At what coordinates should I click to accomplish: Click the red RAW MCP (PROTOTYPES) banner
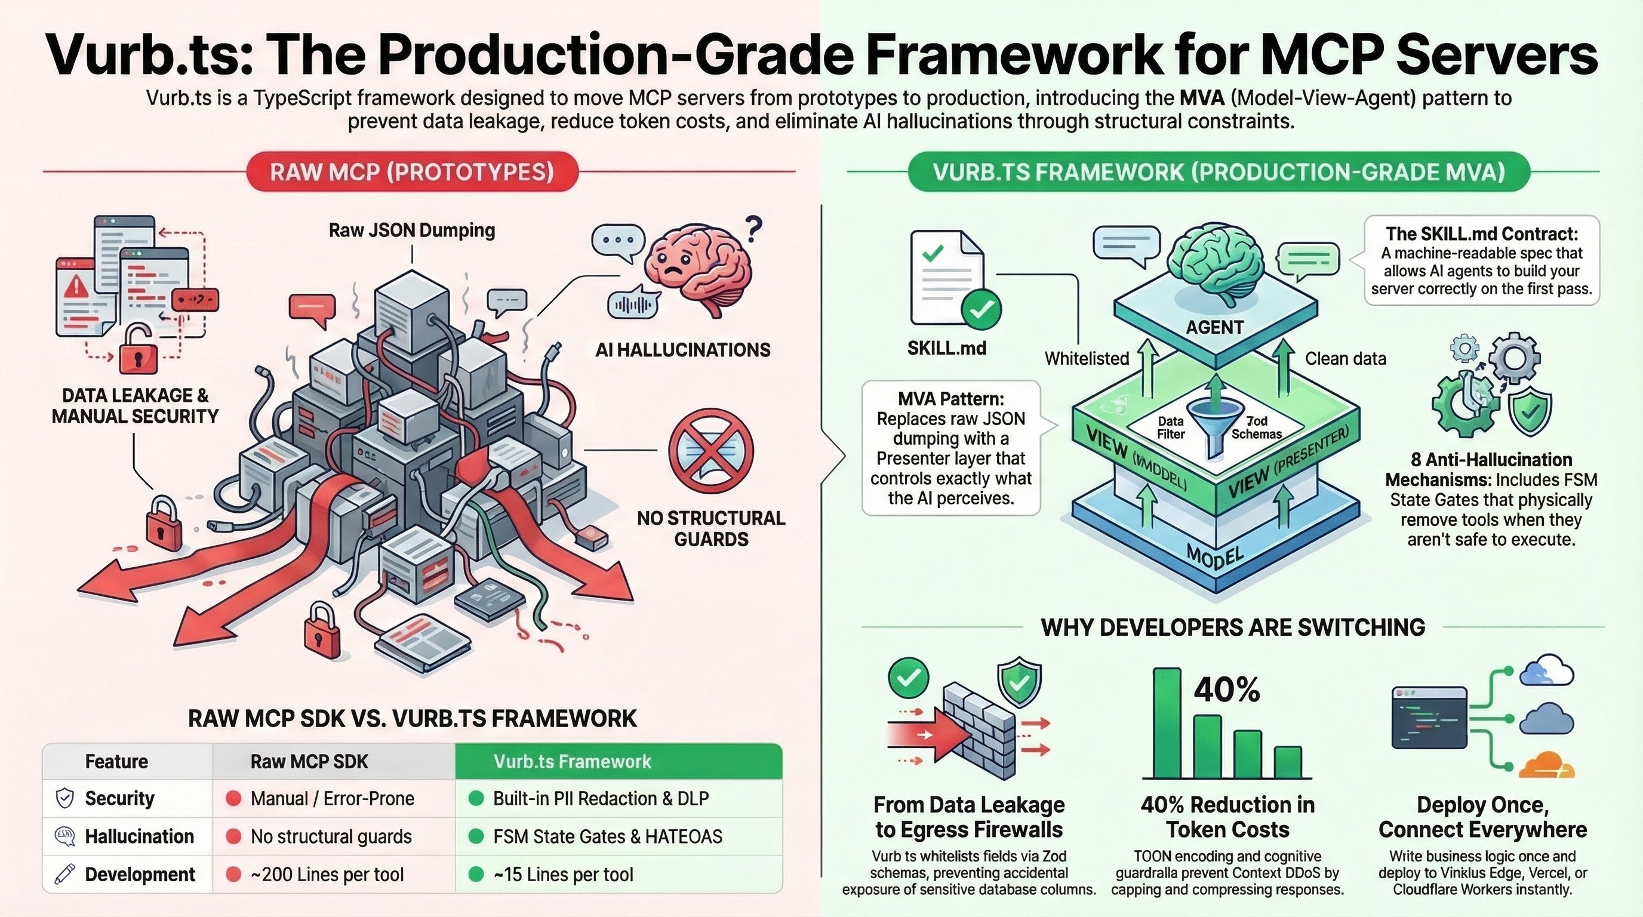(412, 171)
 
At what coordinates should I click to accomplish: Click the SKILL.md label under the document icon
(946, 347)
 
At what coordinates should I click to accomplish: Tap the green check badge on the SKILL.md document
(981, 310)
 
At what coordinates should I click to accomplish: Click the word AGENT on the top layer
(1214, 327)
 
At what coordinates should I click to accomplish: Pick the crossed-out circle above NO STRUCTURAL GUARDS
(710, 450)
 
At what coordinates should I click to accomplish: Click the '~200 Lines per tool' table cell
(327, 874)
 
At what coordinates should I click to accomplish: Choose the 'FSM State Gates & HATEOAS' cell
(607, 836)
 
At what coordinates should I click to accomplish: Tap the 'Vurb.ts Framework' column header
(572, 761)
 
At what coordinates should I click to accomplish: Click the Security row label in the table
(119, 798)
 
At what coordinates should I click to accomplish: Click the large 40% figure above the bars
(1226, 690)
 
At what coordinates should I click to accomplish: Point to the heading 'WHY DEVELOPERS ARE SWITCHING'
(1232, 627)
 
